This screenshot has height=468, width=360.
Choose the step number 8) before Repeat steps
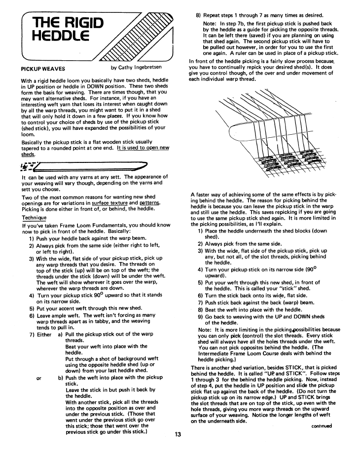tap(200, 16)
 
